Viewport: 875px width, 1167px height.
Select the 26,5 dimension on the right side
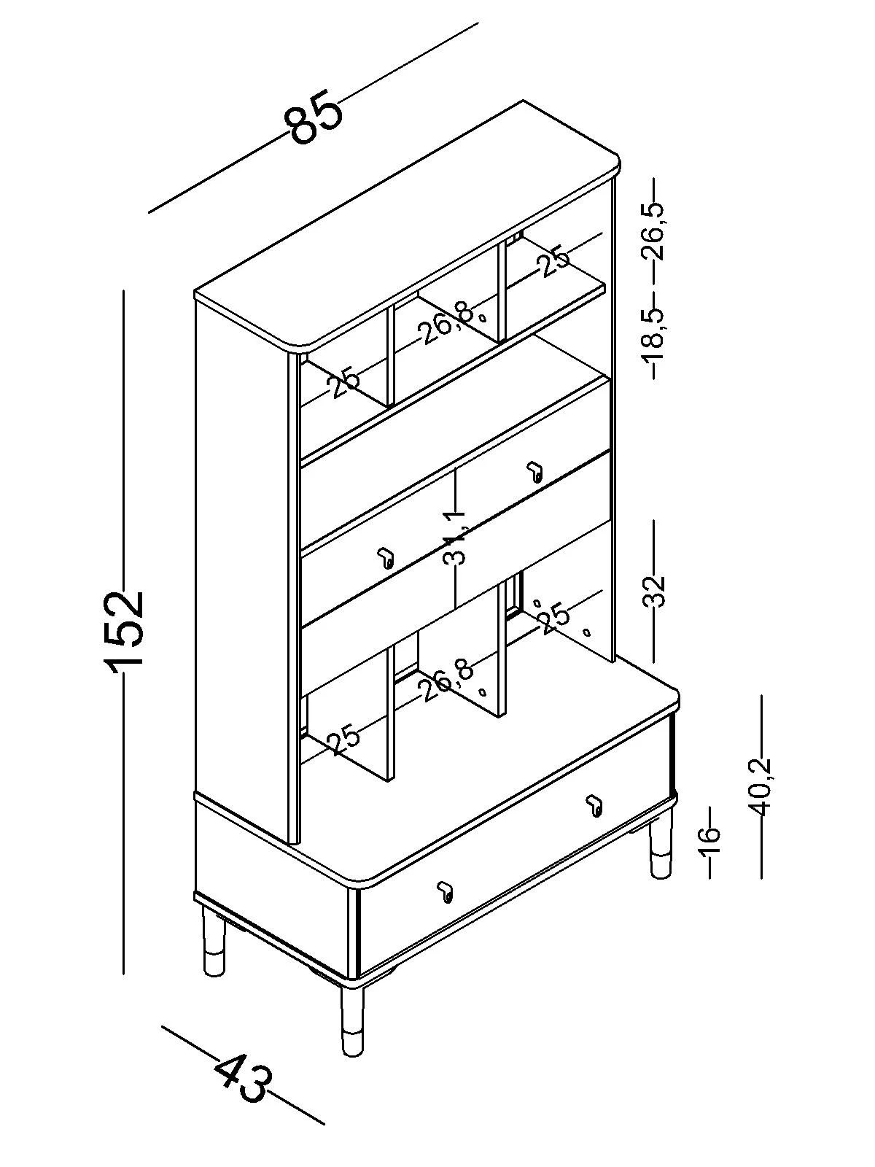(654, 231)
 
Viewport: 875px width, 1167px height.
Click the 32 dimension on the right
(654, 591)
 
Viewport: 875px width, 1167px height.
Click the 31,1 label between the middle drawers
(456, 538)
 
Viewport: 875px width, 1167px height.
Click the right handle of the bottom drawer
(594, 805)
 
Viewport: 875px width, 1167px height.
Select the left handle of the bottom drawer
(445, 891)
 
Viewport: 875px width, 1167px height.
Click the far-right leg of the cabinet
(661, 850)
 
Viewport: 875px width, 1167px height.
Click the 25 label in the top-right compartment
(554, 261)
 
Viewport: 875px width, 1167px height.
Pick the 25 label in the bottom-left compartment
(344, 740)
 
